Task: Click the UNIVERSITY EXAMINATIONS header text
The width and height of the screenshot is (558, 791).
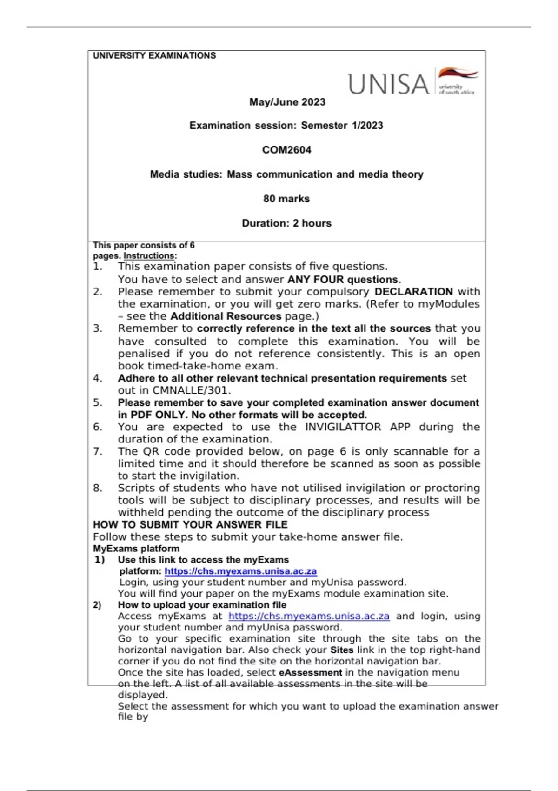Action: click(x=154, y=55)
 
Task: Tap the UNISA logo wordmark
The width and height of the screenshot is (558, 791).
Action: click(x=389, y=84)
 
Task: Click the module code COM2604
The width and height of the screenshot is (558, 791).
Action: click(x=286, y=150)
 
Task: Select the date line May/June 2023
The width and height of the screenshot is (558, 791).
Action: click(x=287, y=102)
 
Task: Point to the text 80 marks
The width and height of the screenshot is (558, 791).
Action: click(x=286, y=199)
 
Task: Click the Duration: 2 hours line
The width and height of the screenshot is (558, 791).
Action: click(x=286, y=223)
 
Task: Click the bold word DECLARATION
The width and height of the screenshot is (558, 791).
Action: click(x=413, y=292)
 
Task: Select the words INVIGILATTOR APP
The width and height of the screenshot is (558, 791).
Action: click(x=358, y=427)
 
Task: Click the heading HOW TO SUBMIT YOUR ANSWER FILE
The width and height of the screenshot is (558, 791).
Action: click(x=190, y=524)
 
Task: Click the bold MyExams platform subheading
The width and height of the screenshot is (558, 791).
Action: click(x=136, y=549)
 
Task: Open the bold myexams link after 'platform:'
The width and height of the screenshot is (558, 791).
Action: click(x=240, y=571)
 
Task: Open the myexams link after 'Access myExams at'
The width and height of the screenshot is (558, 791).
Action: click(x=309, y=616)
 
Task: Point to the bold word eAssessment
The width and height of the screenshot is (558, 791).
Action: click(x=310, y=672)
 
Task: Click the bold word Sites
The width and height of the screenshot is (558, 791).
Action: click(x=342, y=650)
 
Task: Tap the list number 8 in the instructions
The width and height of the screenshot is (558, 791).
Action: click(x=97, y=488)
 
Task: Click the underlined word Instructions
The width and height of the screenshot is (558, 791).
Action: click(x=149, y=255)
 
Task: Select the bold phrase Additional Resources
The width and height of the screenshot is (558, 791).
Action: click(x=226, y=316)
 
